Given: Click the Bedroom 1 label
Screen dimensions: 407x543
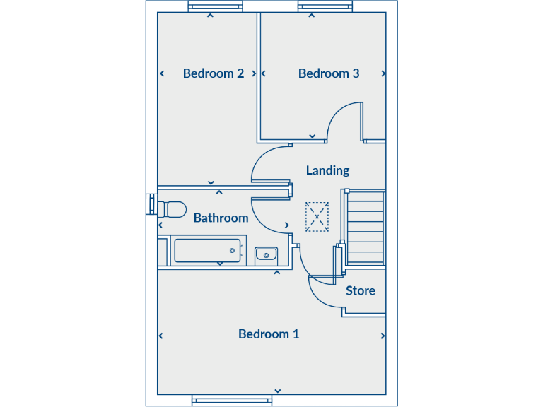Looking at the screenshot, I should [x=269, y=334].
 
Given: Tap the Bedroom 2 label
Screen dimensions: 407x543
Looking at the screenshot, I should [x=214, y=73].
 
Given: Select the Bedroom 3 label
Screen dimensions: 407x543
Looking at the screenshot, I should [x=329, y=73].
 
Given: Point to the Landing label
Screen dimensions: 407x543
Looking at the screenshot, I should [x=327, y=170].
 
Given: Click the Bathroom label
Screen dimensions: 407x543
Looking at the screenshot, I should [x=221, y=218].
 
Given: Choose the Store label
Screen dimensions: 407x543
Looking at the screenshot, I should [x=361, y=290].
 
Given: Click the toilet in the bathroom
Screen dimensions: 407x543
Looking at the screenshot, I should [x=173, y=208].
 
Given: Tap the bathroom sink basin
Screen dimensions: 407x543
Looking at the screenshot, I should [x=266, y=253].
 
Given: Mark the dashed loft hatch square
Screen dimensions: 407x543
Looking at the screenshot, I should [x=317, y=217].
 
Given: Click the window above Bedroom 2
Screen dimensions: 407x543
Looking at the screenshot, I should [x=215, y=7].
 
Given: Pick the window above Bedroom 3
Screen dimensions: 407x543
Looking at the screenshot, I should [x=325, y=7].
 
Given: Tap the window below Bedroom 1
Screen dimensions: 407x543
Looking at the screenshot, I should [x=232, y=400].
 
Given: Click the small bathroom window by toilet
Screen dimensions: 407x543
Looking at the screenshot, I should [x=151, y=203].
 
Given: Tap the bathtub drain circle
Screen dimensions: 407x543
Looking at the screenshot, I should [x=232, y=251].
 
